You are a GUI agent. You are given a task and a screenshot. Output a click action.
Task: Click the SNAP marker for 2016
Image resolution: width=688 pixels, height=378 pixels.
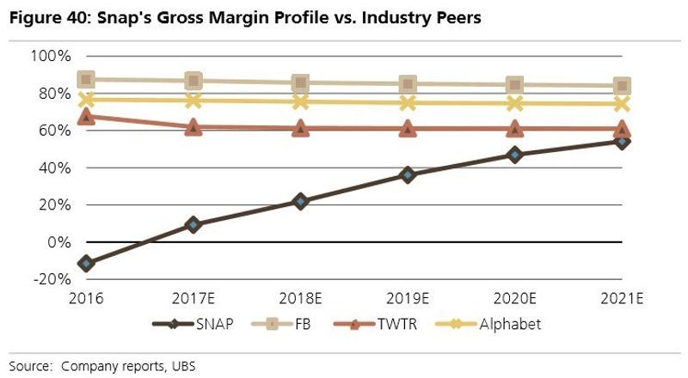(x=86, y=263)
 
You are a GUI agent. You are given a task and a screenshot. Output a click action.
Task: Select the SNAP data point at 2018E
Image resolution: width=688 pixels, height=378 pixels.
(x=300, y=201)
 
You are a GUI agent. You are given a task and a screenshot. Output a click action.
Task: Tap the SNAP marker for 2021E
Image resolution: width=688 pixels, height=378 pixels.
(x=622, y=142)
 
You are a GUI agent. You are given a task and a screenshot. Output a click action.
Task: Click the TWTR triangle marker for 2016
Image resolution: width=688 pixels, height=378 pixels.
(x=86, y=116)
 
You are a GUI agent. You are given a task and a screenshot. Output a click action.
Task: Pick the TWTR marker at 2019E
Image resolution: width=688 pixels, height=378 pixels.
(x=408, y=129)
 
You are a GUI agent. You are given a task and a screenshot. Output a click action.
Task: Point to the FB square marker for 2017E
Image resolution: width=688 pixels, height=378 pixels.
(x=193, y=81)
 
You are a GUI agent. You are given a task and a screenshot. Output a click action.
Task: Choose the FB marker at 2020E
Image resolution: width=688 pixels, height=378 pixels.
(x=514, y=85)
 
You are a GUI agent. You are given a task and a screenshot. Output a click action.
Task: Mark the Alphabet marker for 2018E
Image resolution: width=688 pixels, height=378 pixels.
(x=300, y=101)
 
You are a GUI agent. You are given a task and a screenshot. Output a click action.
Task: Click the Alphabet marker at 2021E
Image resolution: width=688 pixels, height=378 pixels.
(x=622, y=104)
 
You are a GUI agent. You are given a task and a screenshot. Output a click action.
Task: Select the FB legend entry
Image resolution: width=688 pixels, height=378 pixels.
(x=283, y=324)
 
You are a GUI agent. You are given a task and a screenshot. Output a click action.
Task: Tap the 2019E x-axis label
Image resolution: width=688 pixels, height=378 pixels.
(x=408, y=298)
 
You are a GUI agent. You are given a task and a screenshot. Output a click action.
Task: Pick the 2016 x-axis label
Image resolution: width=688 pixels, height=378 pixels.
(x=87, y=298)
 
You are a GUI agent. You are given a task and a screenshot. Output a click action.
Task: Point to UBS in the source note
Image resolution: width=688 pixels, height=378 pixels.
(x=183, y=365)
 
